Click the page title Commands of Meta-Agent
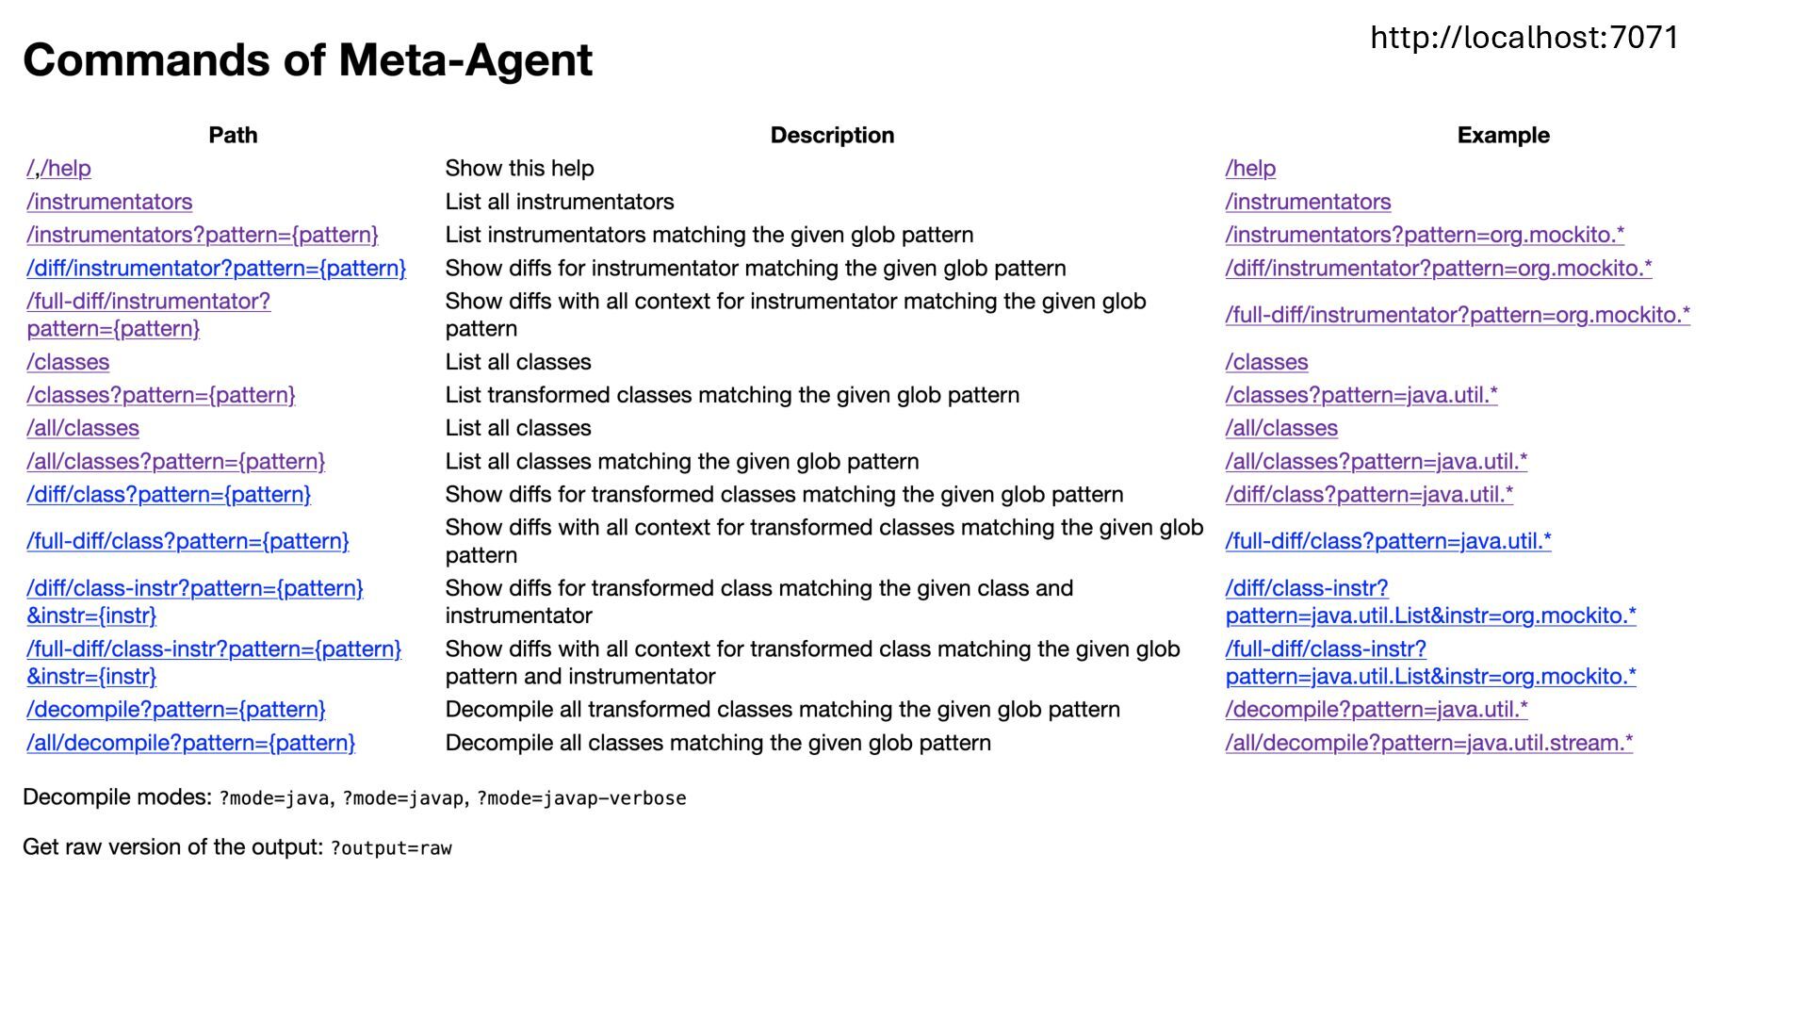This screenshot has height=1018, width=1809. click(x=307, y=60)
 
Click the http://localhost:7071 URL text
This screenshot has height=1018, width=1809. click(x=1524, y=38)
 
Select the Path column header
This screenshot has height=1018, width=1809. click(x=233, y=136)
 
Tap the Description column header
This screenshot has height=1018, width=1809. click(x=832, y=136)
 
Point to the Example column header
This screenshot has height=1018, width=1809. click(x=1503, y=136)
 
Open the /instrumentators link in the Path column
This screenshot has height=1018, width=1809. click(x=109, y=202)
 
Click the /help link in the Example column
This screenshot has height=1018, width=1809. click(x=1250, y=169)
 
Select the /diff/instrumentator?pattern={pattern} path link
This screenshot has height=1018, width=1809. click(x=216, y=269)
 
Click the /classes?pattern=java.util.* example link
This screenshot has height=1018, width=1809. click(x=1361, y=395)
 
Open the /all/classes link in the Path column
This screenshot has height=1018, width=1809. click(x=83, y=428)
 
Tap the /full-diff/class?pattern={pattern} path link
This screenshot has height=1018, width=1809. click(x=187, y=541)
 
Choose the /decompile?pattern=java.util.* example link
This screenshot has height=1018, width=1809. click(x=1376, y=710)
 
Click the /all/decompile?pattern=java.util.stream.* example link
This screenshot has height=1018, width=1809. click(x=1428, y=743)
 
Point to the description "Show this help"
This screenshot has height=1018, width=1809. click(x=519, y=169)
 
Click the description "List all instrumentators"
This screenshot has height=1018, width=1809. click(x=559, y=202)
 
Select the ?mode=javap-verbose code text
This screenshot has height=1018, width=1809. click(x=581, y=798)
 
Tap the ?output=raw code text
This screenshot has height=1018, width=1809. click(x=391, y=848)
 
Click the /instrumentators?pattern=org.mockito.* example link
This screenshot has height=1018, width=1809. click(x=1424, y=235)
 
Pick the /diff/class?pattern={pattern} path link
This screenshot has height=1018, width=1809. click(x=169, y=495)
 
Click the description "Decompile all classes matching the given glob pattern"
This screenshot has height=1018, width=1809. click(x=717, y=743)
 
